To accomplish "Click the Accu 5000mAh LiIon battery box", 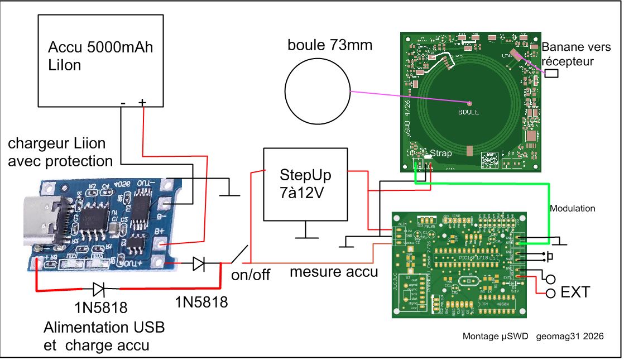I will pos(100,60).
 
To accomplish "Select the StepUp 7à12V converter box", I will pos(305,184).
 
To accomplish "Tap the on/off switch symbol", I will pos(239,256).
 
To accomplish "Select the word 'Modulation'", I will pos(573,208).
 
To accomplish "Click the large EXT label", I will pos(575,292).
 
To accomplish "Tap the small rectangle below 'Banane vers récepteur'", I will pos(552,73).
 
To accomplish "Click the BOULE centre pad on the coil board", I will pos(469,103).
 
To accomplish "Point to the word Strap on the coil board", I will pos(438,152).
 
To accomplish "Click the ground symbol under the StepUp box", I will pos(305,234).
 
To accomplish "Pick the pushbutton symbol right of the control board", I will pos(550,257).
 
